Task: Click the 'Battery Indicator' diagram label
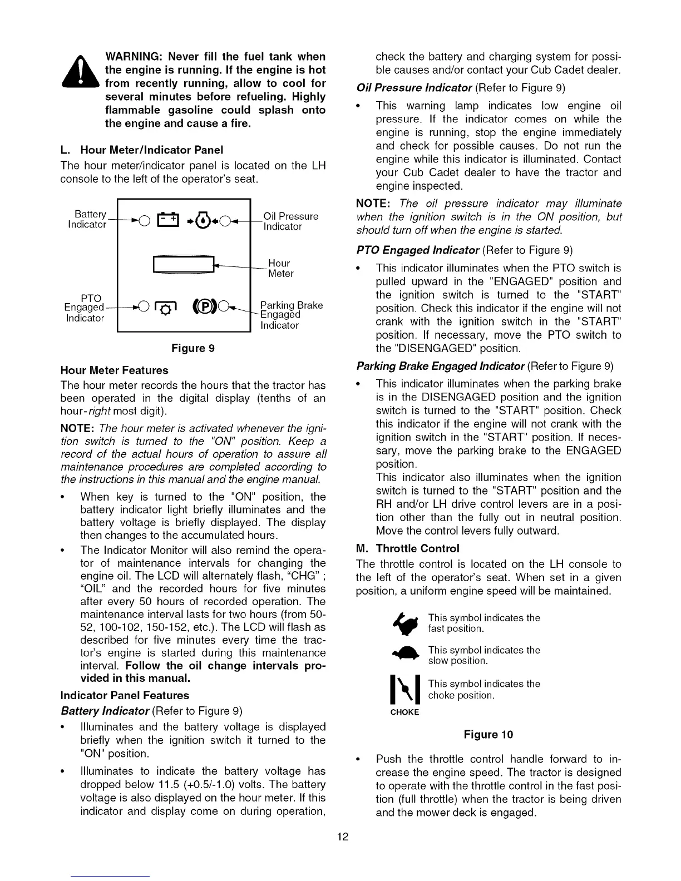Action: coord(87,219)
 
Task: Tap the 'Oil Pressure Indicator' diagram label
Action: coord(290,221)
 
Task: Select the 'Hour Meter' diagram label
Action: coord(280,268)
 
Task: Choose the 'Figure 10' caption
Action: coord(488,734)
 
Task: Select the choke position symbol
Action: coord(404,690)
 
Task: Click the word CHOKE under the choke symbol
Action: coord(404,712)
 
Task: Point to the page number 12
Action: coord(342,837)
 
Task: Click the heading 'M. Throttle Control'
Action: coord(408,548)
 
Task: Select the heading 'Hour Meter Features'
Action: coord(114,370)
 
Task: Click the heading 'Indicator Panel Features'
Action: coord(125,695)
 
